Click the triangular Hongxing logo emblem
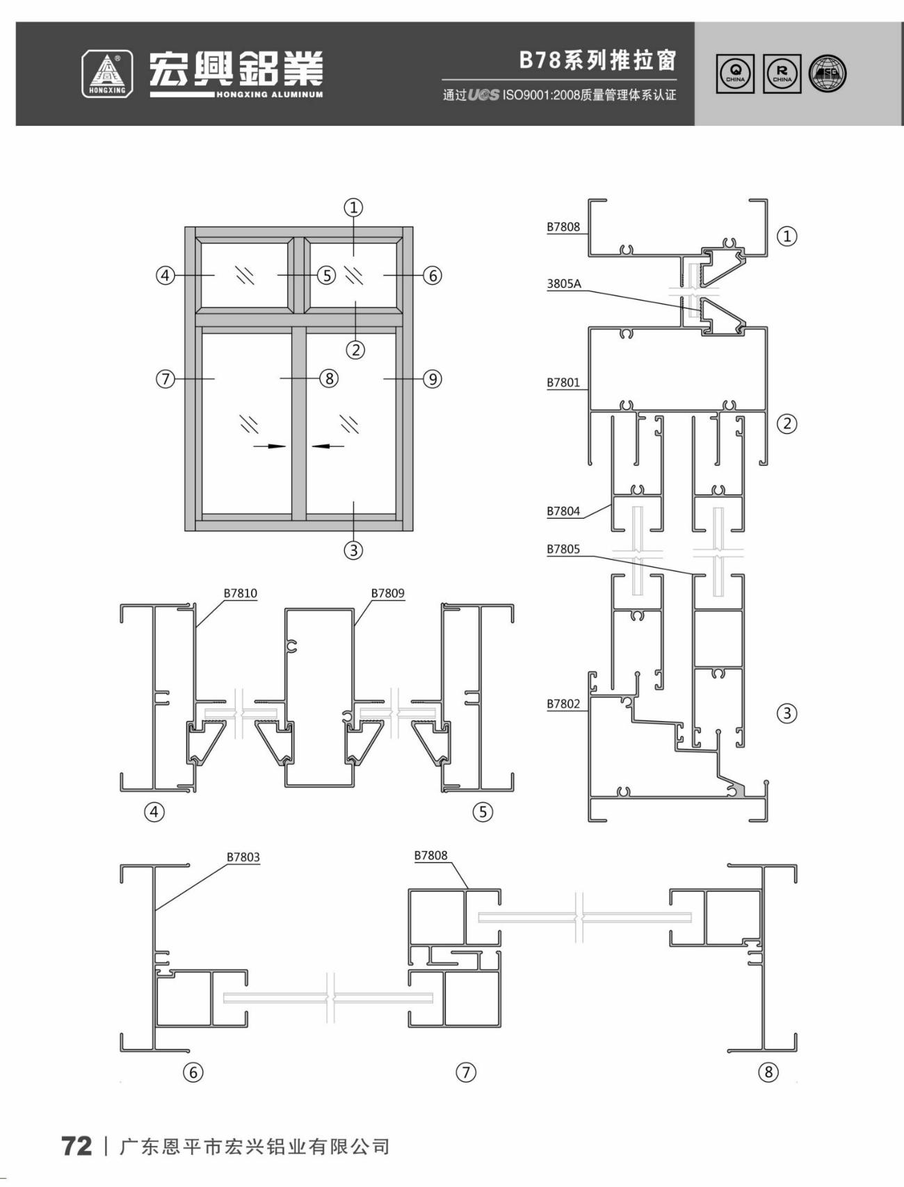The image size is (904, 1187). point(107,74)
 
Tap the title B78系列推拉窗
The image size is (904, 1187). point(597,60)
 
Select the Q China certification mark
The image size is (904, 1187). point(735,74)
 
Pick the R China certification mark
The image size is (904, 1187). point(782,74)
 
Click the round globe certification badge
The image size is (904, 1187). point(828,74)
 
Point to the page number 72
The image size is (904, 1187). point(76,1146)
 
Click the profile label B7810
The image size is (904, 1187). point(240,593)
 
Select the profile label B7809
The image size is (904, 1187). point(387,593)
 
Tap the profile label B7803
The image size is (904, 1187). point(243,857)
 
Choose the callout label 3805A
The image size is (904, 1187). point(564,284)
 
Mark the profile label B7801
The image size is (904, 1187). point(563,382)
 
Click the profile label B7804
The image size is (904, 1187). point(563,511)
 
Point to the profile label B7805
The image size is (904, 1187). point(563,549)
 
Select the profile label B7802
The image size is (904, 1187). point(563,704)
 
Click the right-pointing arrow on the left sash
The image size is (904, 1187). point(270,446)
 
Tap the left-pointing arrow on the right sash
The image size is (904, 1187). point(328,446)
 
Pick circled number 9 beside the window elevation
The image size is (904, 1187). point(433,379)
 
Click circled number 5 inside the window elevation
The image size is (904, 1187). point(327,275)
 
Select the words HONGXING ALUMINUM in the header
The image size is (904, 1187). point(269,95)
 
